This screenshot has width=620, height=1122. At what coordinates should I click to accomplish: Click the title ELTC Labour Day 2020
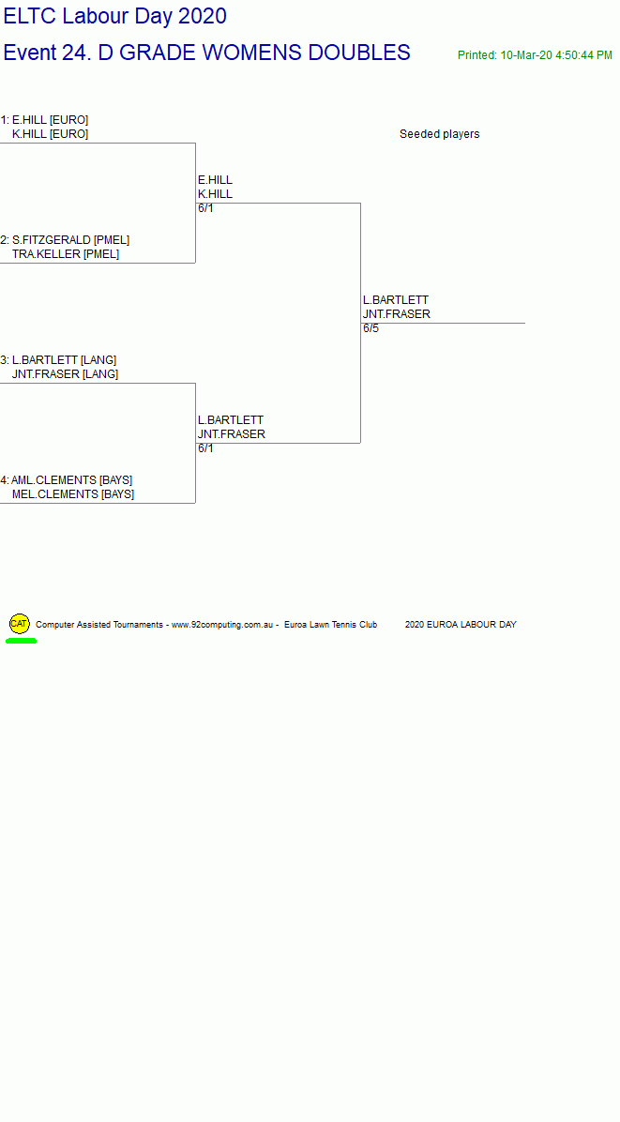click(115, 16)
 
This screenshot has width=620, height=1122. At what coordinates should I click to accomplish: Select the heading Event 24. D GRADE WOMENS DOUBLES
click(206, 53)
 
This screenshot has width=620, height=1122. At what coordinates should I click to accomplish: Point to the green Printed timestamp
click(535, 55)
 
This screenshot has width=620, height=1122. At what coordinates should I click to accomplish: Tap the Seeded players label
click(439, 134)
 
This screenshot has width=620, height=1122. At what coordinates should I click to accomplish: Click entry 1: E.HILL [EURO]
click(44, 119)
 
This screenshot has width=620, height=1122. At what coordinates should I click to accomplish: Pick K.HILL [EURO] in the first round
click(50, 134)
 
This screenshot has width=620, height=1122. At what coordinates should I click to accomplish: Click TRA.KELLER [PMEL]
click(66, 254)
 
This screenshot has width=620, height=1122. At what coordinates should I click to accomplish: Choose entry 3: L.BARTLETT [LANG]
click(59, 360)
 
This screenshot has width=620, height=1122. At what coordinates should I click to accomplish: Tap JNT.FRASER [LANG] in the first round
click(65, 374)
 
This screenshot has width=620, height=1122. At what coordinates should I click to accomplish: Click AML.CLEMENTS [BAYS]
click(71, 480)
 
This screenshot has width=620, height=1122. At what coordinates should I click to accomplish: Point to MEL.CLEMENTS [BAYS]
click(73, 494)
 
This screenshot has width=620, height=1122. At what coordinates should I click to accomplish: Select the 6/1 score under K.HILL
click(206, 208)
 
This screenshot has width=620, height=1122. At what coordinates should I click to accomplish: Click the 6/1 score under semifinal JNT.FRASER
click(206, 448)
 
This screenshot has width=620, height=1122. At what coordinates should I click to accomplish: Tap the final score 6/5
click(371, 328)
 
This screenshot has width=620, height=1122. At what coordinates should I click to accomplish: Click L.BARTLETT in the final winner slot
click(396, 300)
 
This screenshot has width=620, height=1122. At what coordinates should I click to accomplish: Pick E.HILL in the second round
click(215, 179)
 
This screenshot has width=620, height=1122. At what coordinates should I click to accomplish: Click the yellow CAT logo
click(20, 624)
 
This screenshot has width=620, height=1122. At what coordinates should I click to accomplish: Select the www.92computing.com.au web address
click(222, 625)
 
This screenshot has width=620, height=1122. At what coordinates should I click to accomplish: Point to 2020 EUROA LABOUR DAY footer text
click(461, 625)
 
